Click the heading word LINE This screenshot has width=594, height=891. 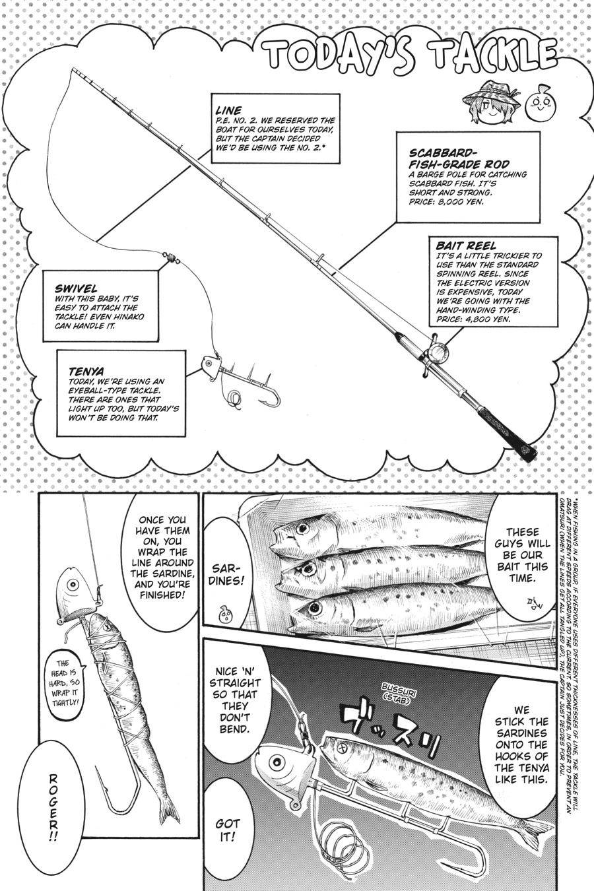pos(228,111)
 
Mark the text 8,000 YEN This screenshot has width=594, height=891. pos(463,203)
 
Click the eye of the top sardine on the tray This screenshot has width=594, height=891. pos(303,529)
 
